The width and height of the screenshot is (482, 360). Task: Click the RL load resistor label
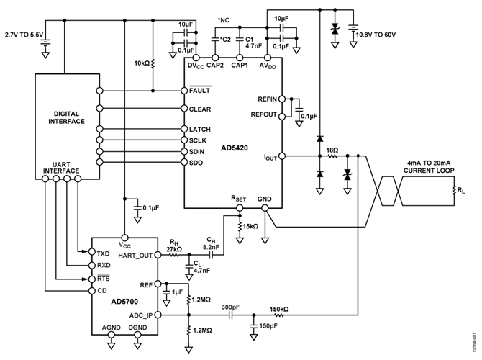pyautogui.click(x=460, y=191)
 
